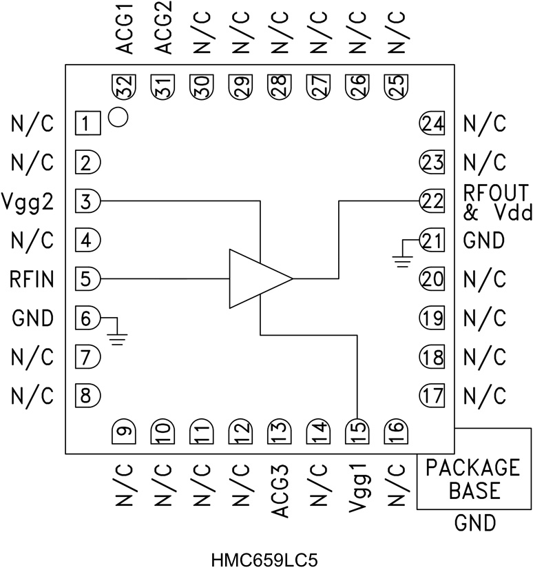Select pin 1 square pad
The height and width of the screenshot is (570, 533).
[x=87, y=125]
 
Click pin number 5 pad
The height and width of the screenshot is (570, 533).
[x=87, y=279]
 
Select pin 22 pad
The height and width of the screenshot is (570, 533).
[x=432, y=201]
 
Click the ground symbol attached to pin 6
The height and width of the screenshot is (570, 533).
[x=118, y=336]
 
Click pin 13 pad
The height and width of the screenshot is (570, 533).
[x=279, y=432]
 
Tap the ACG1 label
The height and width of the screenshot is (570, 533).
[x=125, y=29]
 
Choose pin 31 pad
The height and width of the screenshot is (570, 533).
[x=163, y=88]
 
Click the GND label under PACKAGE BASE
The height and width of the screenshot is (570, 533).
[x=474, y=524]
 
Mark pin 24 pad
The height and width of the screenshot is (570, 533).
[x=432, y=124]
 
